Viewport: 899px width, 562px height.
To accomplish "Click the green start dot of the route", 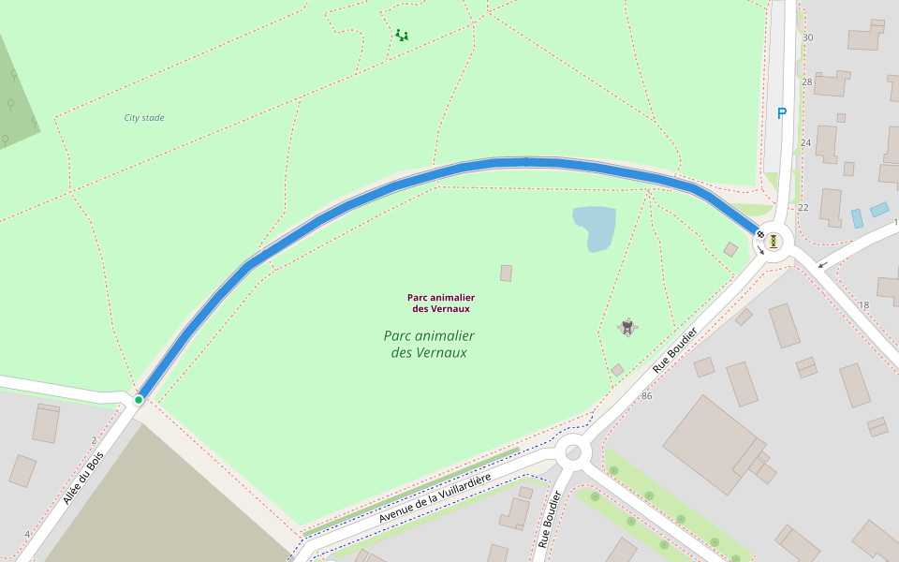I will [139, 400].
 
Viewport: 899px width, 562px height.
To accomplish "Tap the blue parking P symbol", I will [782, 113].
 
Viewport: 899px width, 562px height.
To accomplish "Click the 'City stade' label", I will [144, 118].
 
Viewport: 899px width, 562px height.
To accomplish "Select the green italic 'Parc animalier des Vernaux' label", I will [429, 344].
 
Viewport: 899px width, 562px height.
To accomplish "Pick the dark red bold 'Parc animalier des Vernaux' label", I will [440, 303].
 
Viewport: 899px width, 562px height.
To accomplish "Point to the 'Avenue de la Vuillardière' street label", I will [435, 499].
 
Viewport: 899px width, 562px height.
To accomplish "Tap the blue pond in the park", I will [595, 228].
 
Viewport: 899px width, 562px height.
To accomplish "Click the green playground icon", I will [402, 36].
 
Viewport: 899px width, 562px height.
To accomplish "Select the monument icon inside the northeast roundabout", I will [774, 242].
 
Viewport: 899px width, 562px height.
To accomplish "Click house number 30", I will [807, 37].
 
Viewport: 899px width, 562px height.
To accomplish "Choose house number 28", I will [806, 82].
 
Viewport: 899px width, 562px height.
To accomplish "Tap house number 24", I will [805, 143].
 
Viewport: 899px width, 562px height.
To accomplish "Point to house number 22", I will [803, 207].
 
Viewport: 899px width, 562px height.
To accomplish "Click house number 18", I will [863, 305].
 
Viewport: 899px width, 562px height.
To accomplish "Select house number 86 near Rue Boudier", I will [646, 396].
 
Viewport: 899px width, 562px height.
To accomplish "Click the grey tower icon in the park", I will [627, 326].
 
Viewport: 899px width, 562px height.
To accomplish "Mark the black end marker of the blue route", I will [759, 234].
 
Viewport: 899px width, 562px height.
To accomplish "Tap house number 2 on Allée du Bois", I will [94, 439].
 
